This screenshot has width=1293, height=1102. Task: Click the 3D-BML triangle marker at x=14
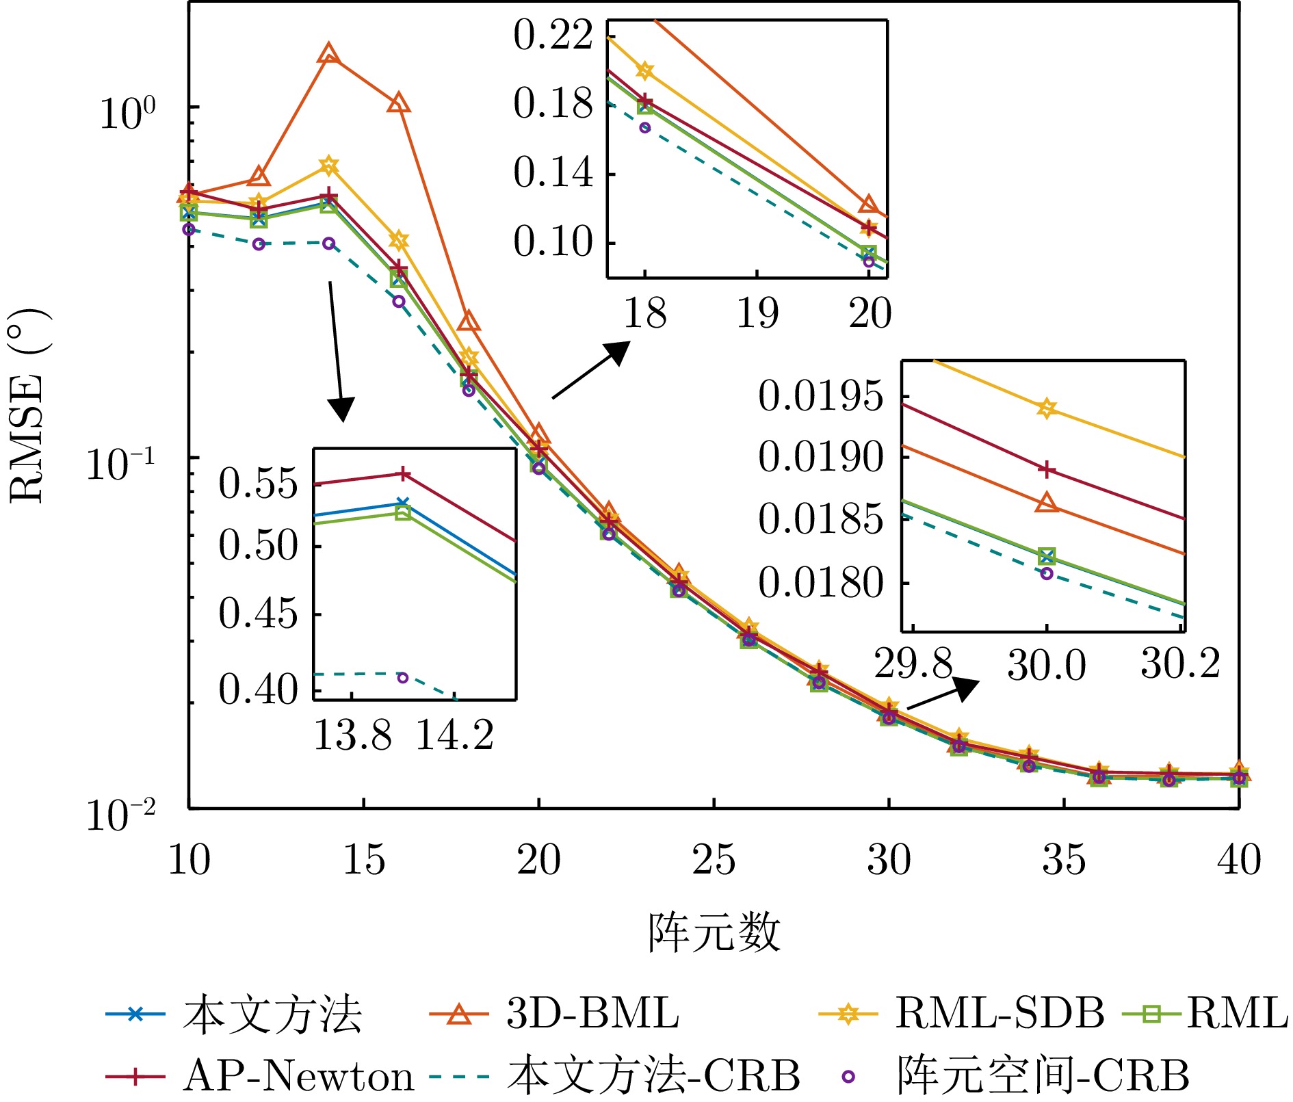point(329,53)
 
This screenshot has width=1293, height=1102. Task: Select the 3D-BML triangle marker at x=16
point(399,104)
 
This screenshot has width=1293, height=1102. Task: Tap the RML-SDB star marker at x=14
point(329,166)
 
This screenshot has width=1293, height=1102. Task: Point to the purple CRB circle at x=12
point(259,244)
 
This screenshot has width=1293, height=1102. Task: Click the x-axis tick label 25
point(714,861)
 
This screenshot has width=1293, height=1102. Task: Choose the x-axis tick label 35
point(1064,861)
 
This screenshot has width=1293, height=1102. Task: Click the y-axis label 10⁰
point(128,113)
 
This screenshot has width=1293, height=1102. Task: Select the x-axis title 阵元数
point(714,933)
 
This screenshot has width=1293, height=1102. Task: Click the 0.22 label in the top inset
point(553,36)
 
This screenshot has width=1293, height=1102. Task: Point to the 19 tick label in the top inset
point(757,314)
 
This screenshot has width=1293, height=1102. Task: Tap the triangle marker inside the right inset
point(1046,503)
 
